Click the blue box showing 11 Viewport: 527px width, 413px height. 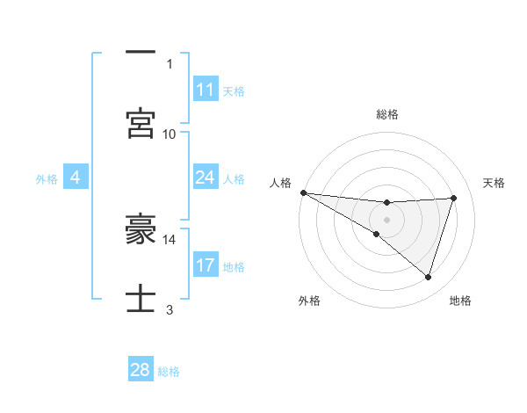206,90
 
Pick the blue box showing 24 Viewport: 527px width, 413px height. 206,178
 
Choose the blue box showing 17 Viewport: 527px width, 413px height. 206,265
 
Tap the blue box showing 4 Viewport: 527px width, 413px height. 76,178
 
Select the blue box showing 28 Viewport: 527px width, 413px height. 141,370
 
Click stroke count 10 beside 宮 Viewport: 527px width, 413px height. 170,134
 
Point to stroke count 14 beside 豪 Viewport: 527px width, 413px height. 170,239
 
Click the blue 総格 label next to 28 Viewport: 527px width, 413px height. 170,372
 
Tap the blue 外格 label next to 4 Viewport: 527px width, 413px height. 47,179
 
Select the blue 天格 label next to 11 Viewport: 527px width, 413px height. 234,91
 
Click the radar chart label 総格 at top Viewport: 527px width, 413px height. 386,114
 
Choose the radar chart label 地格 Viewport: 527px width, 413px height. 460,301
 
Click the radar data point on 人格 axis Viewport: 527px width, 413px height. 303,192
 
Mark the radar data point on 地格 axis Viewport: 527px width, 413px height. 429,278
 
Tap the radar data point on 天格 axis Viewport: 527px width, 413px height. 454,198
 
